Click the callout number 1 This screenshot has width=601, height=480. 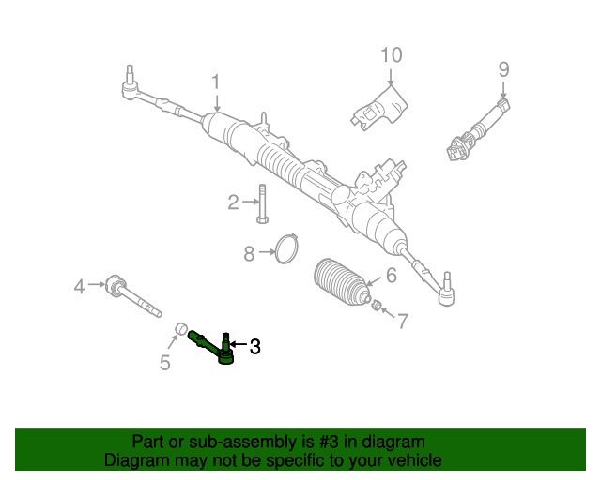tap(215, 82)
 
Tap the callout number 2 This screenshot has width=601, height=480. tap(233, 202)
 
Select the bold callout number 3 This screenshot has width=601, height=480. tap(254, 347)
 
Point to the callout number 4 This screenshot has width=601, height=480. tap(80, 285)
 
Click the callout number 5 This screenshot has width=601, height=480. tap(165, 363)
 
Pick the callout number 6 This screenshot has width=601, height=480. tap(391, 277)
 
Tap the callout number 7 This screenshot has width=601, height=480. tap(402, 322)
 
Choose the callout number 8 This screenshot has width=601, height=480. tap(249, 253)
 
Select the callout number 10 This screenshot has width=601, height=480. tap(391, 54)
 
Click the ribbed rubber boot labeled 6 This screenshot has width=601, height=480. tap(339, 280)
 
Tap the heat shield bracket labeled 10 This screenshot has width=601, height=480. tap(380, 108)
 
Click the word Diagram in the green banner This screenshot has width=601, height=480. tap(133, 460)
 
